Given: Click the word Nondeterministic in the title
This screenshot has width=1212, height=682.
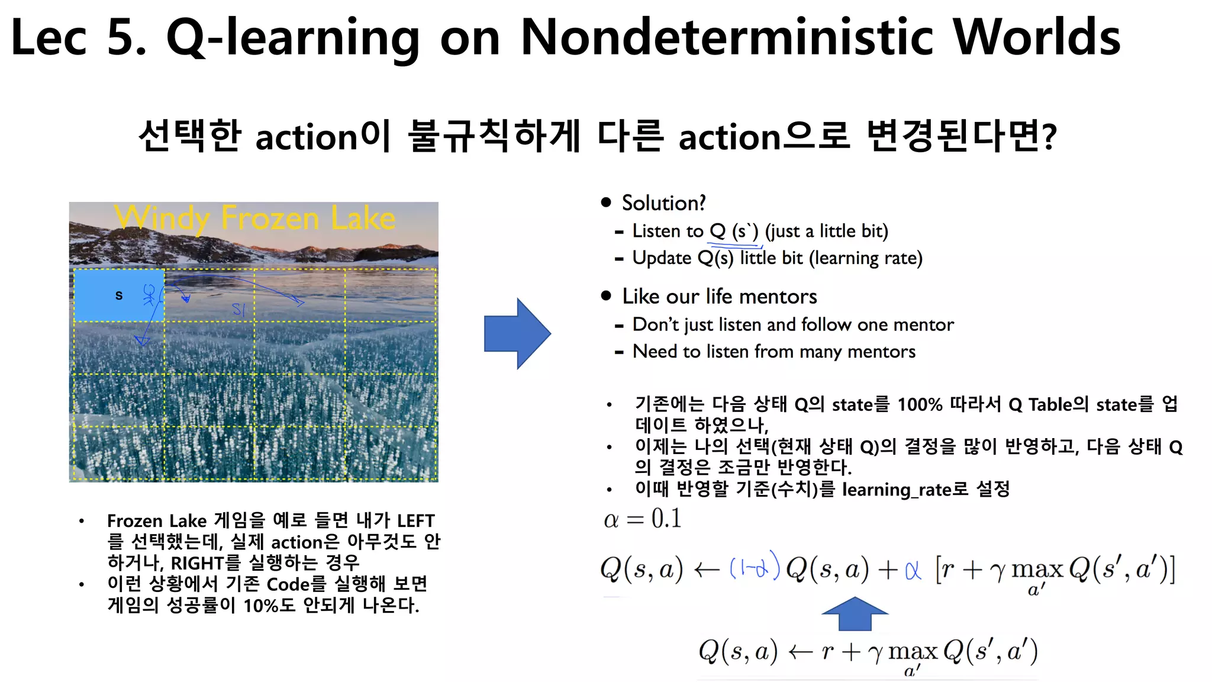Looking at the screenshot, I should coord(727,37).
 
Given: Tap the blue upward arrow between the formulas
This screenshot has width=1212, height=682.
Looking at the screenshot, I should coord(855,614).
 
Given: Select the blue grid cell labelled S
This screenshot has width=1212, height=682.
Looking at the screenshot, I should coord(118,295).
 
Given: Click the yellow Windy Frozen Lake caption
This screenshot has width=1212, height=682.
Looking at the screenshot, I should coord(254,218).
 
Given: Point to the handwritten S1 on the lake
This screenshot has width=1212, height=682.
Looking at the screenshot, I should coord(238,310).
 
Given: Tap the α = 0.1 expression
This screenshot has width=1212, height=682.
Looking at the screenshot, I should coord(643,519).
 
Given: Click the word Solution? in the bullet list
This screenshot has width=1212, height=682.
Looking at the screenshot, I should coord(663,203).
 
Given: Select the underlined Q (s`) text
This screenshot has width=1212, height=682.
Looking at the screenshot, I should coord(734,231).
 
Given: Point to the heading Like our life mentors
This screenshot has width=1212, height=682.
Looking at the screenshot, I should coord(719,296).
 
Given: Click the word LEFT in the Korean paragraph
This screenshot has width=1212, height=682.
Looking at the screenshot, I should coord(416,521).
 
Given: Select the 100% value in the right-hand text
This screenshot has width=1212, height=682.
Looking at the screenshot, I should coord(920,405).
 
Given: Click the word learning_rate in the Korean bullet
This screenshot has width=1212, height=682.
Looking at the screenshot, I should coord(897,490).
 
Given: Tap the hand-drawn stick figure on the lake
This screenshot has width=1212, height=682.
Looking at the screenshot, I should coord(150,295).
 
